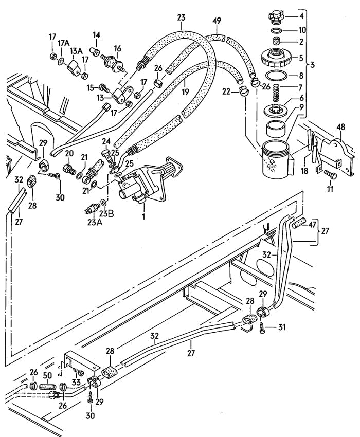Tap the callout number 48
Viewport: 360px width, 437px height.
click(x=340, y=127)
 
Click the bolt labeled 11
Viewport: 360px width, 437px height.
click(x=331, y=175)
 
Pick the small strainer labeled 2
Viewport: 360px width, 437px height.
click(x=276, y=42)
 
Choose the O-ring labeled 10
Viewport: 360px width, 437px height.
click(x=276, y=30)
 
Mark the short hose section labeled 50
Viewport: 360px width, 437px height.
click(x=48, y=387)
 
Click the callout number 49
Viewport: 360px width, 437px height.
click(x=217, y=21)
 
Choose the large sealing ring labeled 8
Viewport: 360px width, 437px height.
click(x=276, y=75)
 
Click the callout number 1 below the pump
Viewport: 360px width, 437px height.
click(x=144, y=216)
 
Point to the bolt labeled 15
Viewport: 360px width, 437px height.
click(x=103, y=88)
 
